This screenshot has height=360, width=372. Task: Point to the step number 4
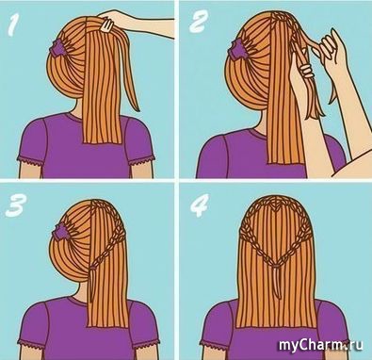click(x=200, y=206)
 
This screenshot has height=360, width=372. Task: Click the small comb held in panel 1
click(x=105, y=25)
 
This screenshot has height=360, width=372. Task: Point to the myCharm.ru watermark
click(x=321, y=345)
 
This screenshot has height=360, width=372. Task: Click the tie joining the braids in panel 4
click(x=276, y=266)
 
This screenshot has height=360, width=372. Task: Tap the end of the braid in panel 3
click(x=93, y=268)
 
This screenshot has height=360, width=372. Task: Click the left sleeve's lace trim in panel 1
click(x=31, y=160)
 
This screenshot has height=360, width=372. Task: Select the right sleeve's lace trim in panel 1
click(x=142, y=160)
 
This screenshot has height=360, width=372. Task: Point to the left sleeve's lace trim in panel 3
click(x=31, y=343)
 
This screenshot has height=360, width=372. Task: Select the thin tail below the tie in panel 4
click(x=276, y=283)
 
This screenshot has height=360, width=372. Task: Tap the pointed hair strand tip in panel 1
click(x=137, y=109)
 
